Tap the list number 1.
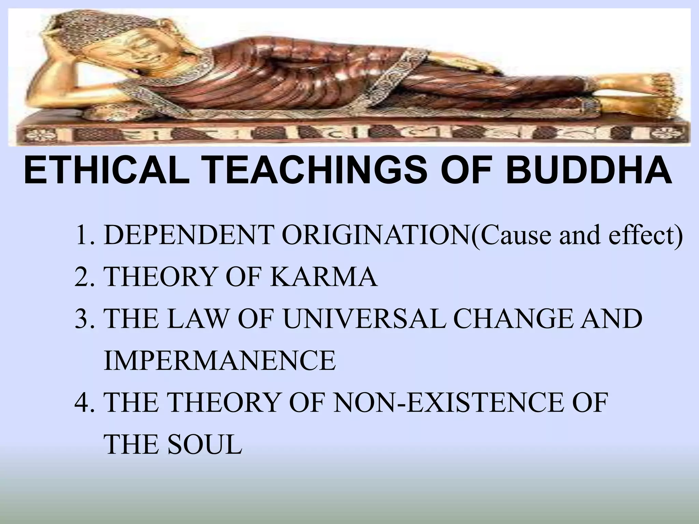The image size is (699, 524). click(x=83, y=235)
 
